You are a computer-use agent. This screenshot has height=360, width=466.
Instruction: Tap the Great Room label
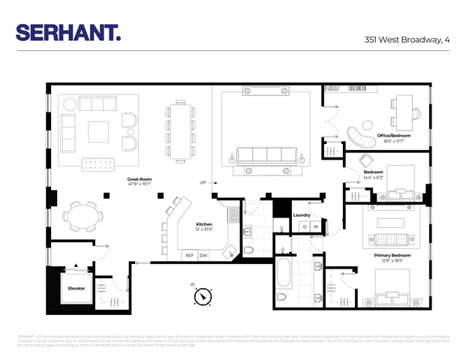point(140,179)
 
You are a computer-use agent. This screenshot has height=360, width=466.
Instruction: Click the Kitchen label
point(205,224)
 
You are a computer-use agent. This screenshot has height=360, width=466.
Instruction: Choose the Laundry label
point(302,214)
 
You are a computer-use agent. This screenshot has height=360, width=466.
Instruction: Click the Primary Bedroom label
point(392,255)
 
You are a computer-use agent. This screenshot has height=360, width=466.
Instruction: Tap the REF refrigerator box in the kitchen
point(190,255)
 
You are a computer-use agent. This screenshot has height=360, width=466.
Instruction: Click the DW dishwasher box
point(203,255)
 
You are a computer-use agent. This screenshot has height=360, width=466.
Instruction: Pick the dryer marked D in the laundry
point(305,226)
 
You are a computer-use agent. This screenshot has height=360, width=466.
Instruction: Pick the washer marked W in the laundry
point(316,226)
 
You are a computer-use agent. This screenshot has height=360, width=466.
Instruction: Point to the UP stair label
point(203,182)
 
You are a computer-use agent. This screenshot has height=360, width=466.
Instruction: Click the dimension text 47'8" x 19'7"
point(140,185)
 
